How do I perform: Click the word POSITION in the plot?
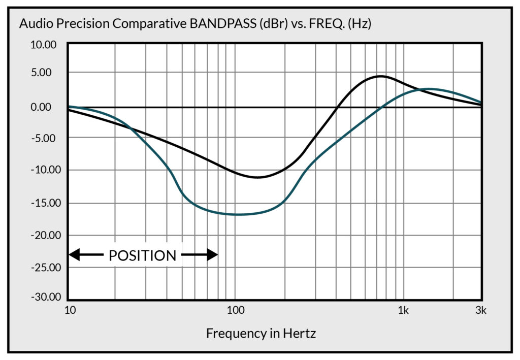142,256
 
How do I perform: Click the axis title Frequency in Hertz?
261,334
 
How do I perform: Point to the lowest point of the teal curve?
236,214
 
